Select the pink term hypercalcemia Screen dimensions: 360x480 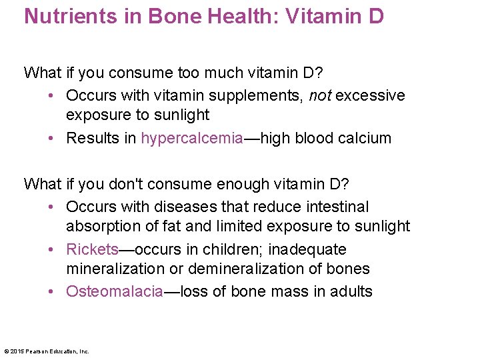click(x=191, y=138)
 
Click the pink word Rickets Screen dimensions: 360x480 click(x=92, y=249)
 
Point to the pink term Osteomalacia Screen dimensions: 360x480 click(x=115, y=291)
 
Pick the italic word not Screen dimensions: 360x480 click(x=321, y=95)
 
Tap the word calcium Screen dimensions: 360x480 click(x=367, y=138)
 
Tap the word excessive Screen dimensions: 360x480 click(x=370, y=95)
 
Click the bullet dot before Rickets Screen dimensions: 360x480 click(x=53, y=249)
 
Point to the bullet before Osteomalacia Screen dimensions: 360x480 click(x=53, y=291)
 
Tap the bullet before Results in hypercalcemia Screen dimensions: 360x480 click(x=53, y=138)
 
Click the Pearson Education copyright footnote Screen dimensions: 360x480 click(x=47, y=351)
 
